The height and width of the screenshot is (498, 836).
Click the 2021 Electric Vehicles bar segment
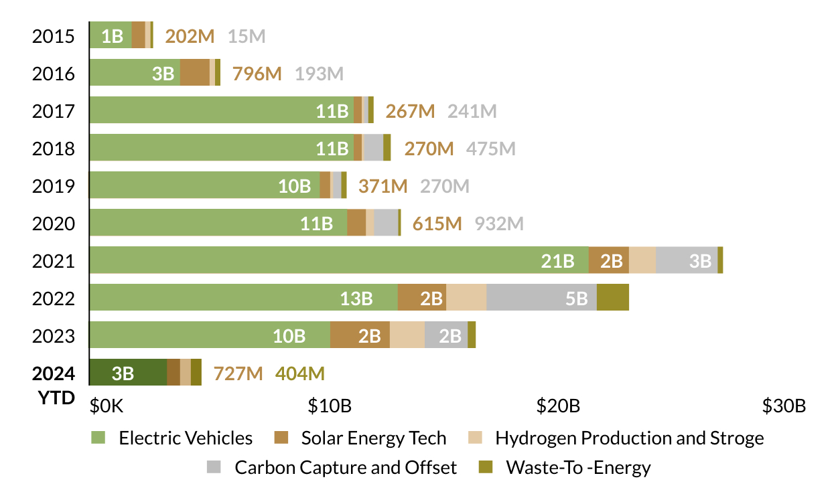pos(338,260)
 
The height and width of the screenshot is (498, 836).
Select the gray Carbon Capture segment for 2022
pos(541,297)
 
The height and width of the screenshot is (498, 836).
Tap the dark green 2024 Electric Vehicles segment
pos(128,372)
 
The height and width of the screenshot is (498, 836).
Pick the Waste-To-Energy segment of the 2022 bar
pos(612,297)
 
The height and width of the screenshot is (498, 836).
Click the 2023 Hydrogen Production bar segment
pos(407,335)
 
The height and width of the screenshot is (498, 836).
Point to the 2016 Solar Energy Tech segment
pos(194,72)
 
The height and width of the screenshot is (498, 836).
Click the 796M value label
pos(257,73)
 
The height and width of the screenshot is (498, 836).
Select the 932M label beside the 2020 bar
pos(499,223)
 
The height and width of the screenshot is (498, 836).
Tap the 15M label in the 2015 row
pos(247,35)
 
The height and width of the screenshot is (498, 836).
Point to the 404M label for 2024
pos(299,373)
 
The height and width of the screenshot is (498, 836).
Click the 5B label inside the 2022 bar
pos(576,298)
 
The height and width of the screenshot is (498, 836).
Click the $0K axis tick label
pos(107,406)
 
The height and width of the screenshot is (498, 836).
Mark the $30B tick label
pos(784,406)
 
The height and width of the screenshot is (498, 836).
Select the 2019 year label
pos(53,185)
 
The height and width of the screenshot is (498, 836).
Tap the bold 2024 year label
pos(53,373)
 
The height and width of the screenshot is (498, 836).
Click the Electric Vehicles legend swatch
pos(98,438)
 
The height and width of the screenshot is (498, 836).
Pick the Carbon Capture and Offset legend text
pos(345,467)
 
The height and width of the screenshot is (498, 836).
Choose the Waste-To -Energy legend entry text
pos(578,467)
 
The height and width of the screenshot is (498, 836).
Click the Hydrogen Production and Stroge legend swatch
pos(474,438)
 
